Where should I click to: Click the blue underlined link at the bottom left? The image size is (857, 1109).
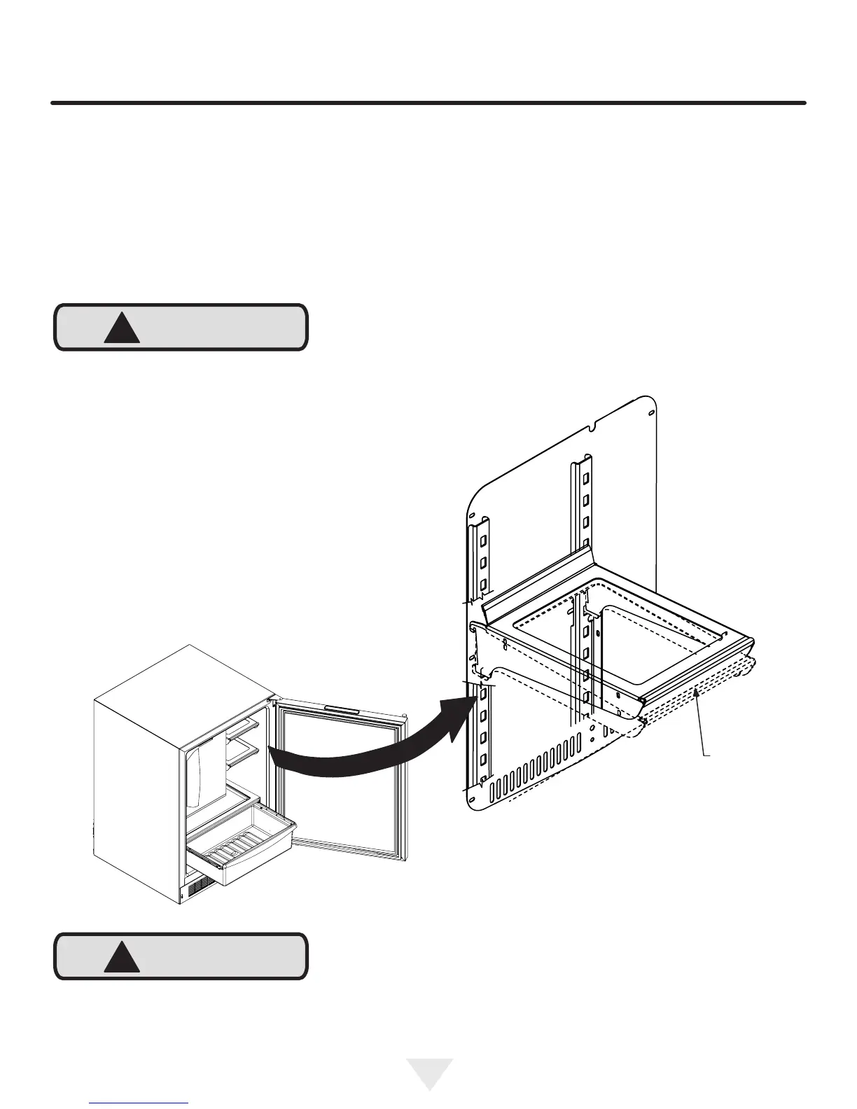(x=139, y=1103)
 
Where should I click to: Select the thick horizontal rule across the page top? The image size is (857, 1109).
(x=428, y=103)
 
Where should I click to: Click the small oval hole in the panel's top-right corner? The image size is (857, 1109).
(x=651, y=413)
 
